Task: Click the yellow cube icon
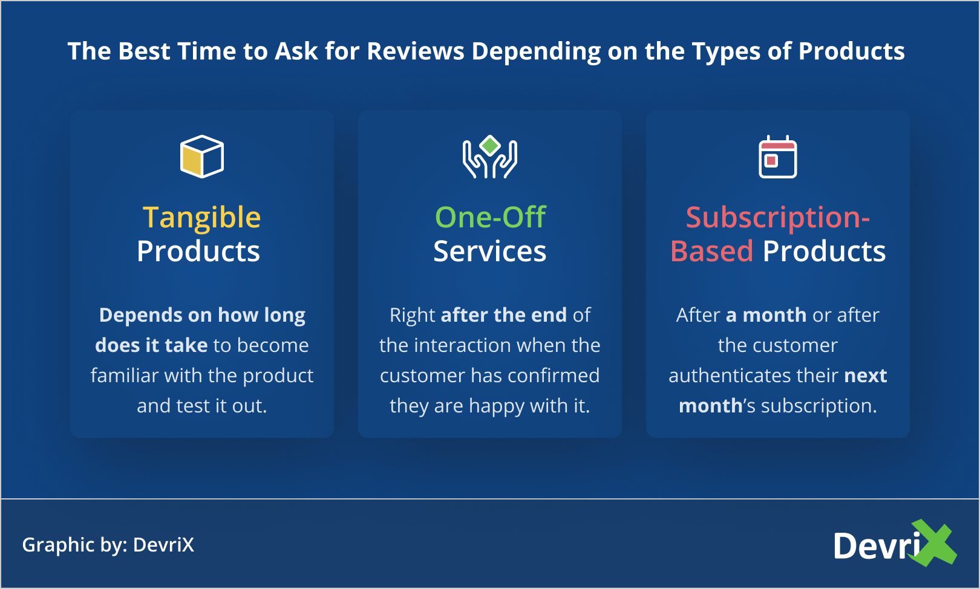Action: tap(201, 157)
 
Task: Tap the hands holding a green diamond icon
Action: tap(490, 157)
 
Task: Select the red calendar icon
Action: tap(777, 157)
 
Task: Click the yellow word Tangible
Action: tap(201, 217)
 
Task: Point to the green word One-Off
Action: tap(490, 217)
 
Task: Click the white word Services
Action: tap(490, 251)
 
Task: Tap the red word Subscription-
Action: tap(777, 217)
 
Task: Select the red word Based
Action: tap(712, 251)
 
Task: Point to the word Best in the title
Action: tap(144, 51)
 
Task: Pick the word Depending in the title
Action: tap(536, 51)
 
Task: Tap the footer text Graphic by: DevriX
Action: tap(108, 545)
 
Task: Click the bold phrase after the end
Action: tap(503, 315)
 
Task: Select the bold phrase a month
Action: tap(766, 315)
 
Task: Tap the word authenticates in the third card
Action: tap(731, 375)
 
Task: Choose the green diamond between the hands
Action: tap(490, 145)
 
